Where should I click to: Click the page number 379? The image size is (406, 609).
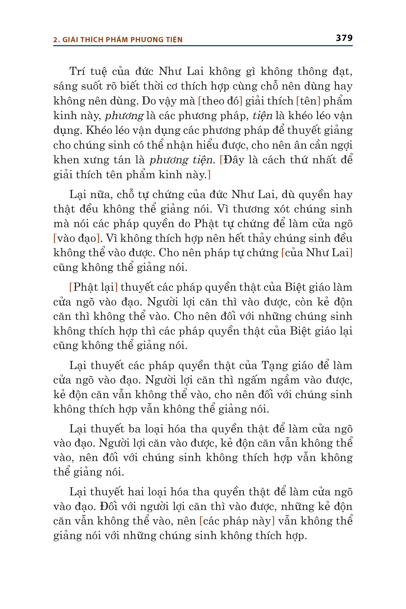click(344, 38)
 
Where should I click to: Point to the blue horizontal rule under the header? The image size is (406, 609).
click(203, 46)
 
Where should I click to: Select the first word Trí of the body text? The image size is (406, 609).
click(77, 72)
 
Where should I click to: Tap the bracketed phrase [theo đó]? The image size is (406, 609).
click(220, 101)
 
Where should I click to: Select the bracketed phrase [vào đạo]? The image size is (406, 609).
click(77, 238)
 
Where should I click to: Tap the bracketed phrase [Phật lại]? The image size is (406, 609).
click(93, 287)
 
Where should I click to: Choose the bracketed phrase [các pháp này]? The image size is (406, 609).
click(237, 521)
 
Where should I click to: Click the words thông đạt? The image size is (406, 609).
click(325, 72)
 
